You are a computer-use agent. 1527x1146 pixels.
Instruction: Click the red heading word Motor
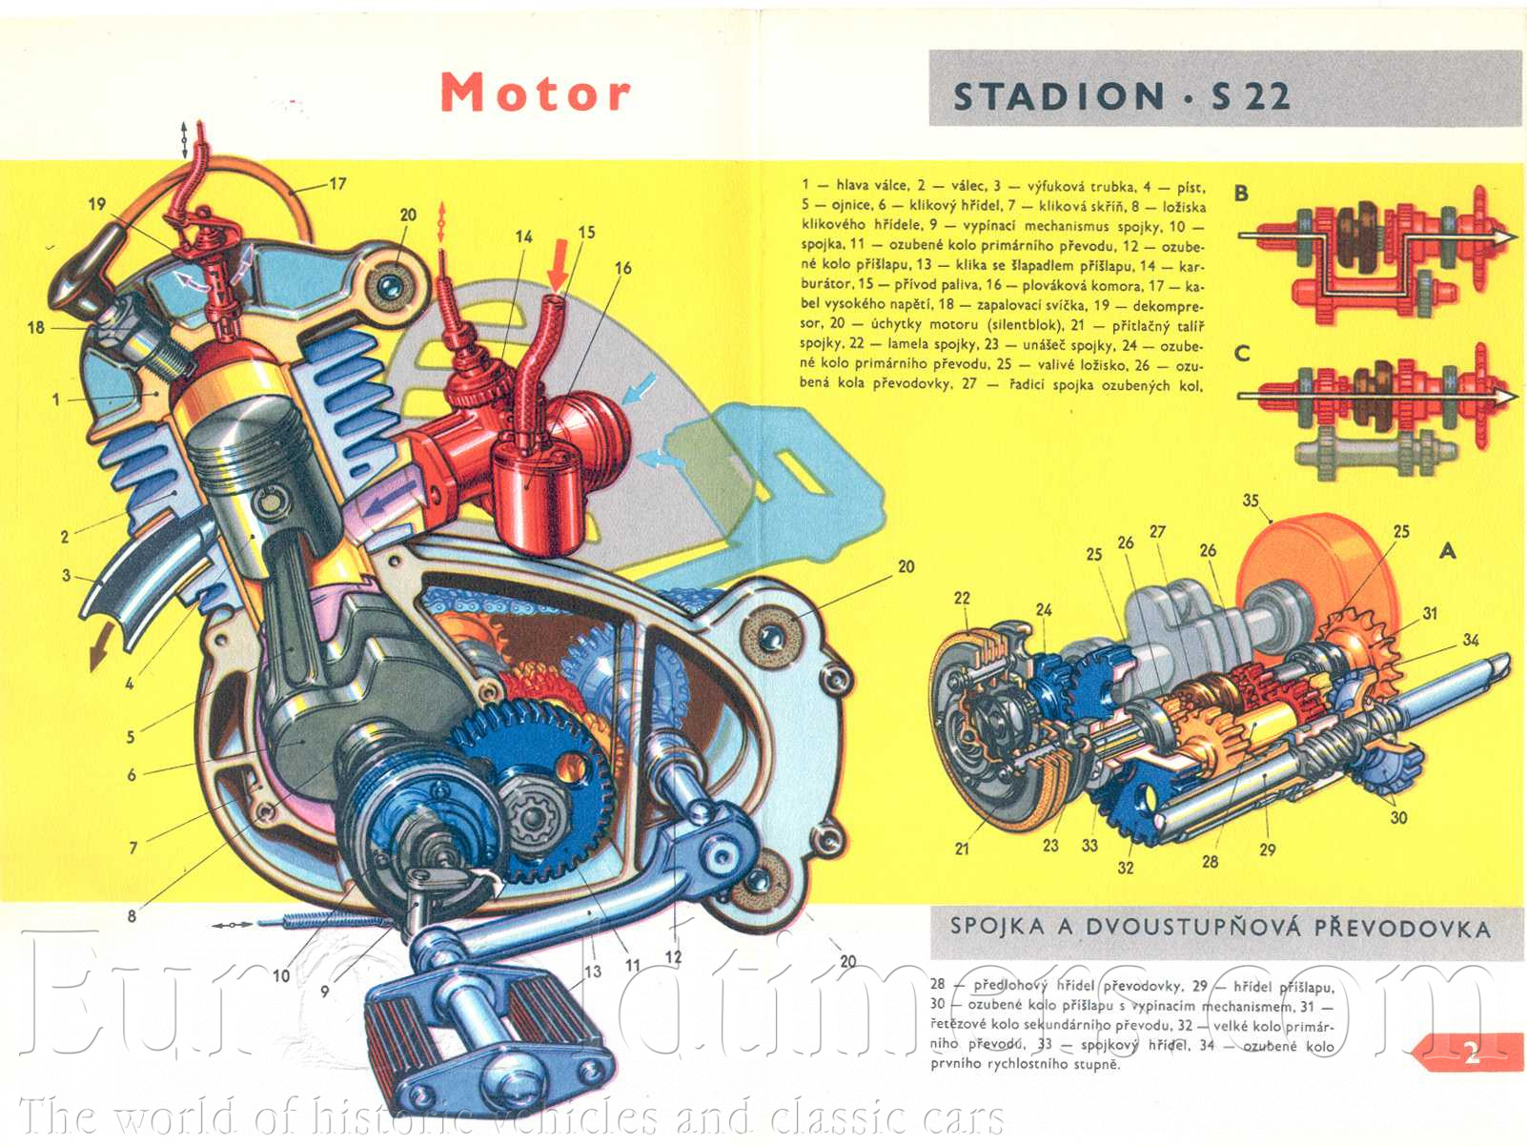[x=535, y=92]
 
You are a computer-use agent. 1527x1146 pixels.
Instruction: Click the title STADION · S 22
[x=1122, y=96]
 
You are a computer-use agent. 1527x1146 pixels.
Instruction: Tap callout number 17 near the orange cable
[x=337, y=183]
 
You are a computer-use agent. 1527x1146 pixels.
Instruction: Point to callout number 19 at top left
[x=97, y=203]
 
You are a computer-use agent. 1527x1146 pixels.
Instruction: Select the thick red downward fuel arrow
[x=560, y=264]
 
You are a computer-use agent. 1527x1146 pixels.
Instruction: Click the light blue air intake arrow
[x=640, y=387]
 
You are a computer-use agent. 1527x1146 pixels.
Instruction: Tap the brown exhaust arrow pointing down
[x=98, y=654]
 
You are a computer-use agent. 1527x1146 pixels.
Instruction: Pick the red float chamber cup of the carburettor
[x=535, y=497]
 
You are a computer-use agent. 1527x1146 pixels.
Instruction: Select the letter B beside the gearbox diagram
[x=1241, y=193]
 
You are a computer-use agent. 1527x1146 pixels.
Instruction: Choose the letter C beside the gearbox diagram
[x=1241, y=353]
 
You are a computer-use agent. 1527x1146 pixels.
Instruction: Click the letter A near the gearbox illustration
[x=1447, y=550]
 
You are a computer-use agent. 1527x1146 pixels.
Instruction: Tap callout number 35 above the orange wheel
[x=1251, y=500]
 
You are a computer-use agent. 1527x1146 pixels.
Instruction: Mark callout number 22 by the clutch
[x=962, y=598]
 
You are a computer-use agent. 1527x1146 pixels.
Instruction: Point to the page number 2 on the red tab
[x=1472, y=1053]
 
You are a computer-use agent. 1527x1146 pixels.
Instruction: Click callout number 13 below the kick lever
[x=593, y=971]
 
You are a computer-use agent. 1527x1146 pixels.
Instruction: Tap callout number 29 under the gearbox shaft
[x=1267, y=849]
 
